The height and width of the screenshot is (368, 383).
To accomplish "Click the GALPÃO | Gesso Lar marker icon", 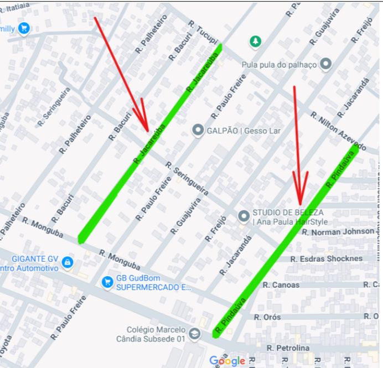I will tap(198, 131).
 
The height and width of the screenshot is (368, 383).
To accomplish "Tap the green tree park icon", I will tap(255, 41).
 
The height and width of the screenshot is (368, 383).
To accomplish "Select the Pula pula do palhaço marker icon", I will tap(326, 64).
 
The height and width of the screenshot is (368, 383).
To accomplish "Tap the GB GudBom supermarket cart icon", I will tap(107, 282).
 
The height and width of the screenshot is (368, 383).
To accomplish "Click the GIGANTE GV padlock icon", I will tap(67, 261).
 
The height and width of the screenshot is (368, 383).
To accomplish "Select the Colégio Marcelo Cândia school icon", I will tap(194, 334).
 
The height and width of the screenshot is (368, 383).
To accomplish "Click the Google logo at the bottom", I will tap(227, 361).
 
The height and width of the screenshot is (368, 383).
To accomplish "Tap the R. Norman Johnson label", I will tap(338, 231).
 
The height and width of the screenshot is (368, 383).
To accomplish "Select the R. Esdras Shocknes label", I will tap(327, 258).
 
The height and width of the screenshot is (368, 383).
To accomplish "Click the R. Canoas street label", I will tap(281, 284).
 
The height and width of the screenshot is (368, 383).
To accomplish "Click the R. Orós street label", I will tap(267, 317).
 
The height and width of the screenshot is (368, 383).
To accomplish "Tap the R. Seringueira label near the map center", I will tap(187, 178).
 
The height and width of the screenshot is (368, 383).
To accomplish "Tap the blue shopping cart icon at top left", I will tap(23, 28).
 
